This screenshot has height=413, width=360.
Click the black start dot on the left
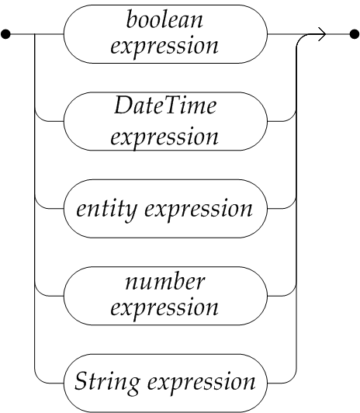[5, 34]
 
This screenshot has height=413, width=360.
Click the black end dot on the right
[355, 34]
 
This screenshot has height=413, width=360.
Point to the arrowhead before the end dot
[322, 34]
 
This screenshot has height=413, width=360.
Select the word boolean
[164, 19]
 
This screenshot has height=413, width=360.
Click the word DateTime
[165, 105]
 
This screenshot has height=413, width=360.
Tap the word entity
[106, 210]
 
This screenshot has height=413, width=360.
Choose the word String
[107, 382]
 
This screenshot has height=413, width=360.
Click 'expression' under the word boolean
[164, 47]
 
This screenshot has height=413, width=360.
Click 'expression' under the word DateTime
[164, 137]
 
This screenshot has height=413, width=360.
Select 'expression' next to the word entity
[199, 210]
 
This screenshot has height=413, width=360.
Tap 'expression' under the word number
[164, 307]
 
